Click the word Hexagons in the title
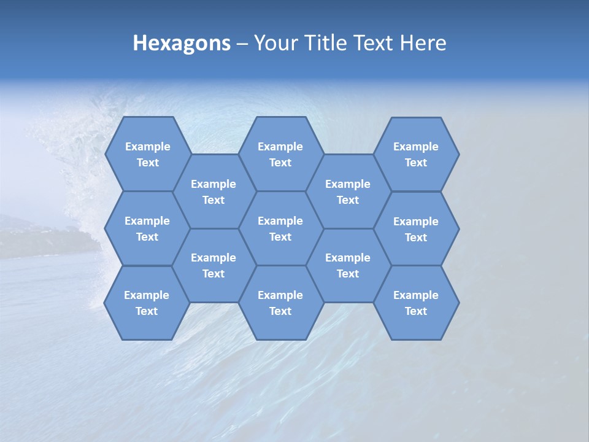182,43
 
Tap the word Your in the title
274,43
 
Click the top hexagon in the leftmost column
148,154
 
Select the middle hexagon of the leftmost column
147,228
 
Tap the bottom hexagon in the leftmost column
147,303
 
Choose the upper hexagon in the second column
214,192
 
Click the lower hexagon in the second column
214,265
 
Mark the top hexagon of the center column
280,154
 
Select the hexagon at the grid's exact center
280,228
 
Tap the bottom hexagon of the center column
280,303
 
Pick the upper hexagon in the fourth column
348,192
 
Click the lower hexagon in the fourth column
348,265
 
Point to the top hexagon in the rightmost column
416,154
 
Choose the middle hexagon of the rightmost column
416,229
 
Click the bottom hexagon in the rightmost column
416,303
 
